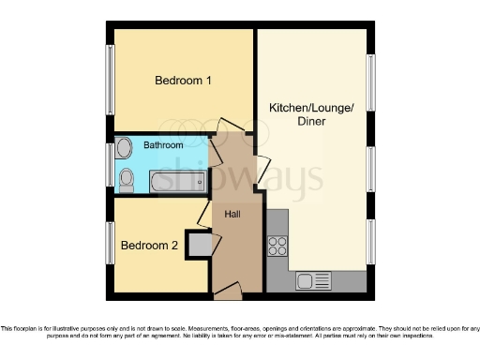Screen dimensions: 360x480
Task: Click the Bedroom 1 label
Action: tap(182, 81)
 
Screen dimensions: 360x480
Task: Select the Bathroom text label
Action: tap(163, 145)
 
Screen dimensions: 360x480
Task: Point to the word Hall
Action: tap(233, 214)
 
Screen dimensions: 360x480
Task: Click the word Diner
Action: tap(312, 122)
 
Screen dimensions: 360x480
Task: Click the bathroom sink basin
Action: tap(124, 146)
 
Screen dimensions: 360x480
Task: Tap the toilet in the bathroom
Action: tap(126, 177)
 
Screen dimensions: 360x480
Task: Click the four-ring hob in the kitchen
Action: tap(278, 246)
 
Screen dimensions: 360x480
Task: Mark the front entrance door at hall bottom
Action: tap(227, 293)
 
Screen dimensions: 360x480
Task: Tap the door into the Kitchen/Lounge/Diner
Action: tap(262, 170)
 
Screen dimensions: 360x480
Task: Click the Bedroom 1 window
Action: tap(110, 80)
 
